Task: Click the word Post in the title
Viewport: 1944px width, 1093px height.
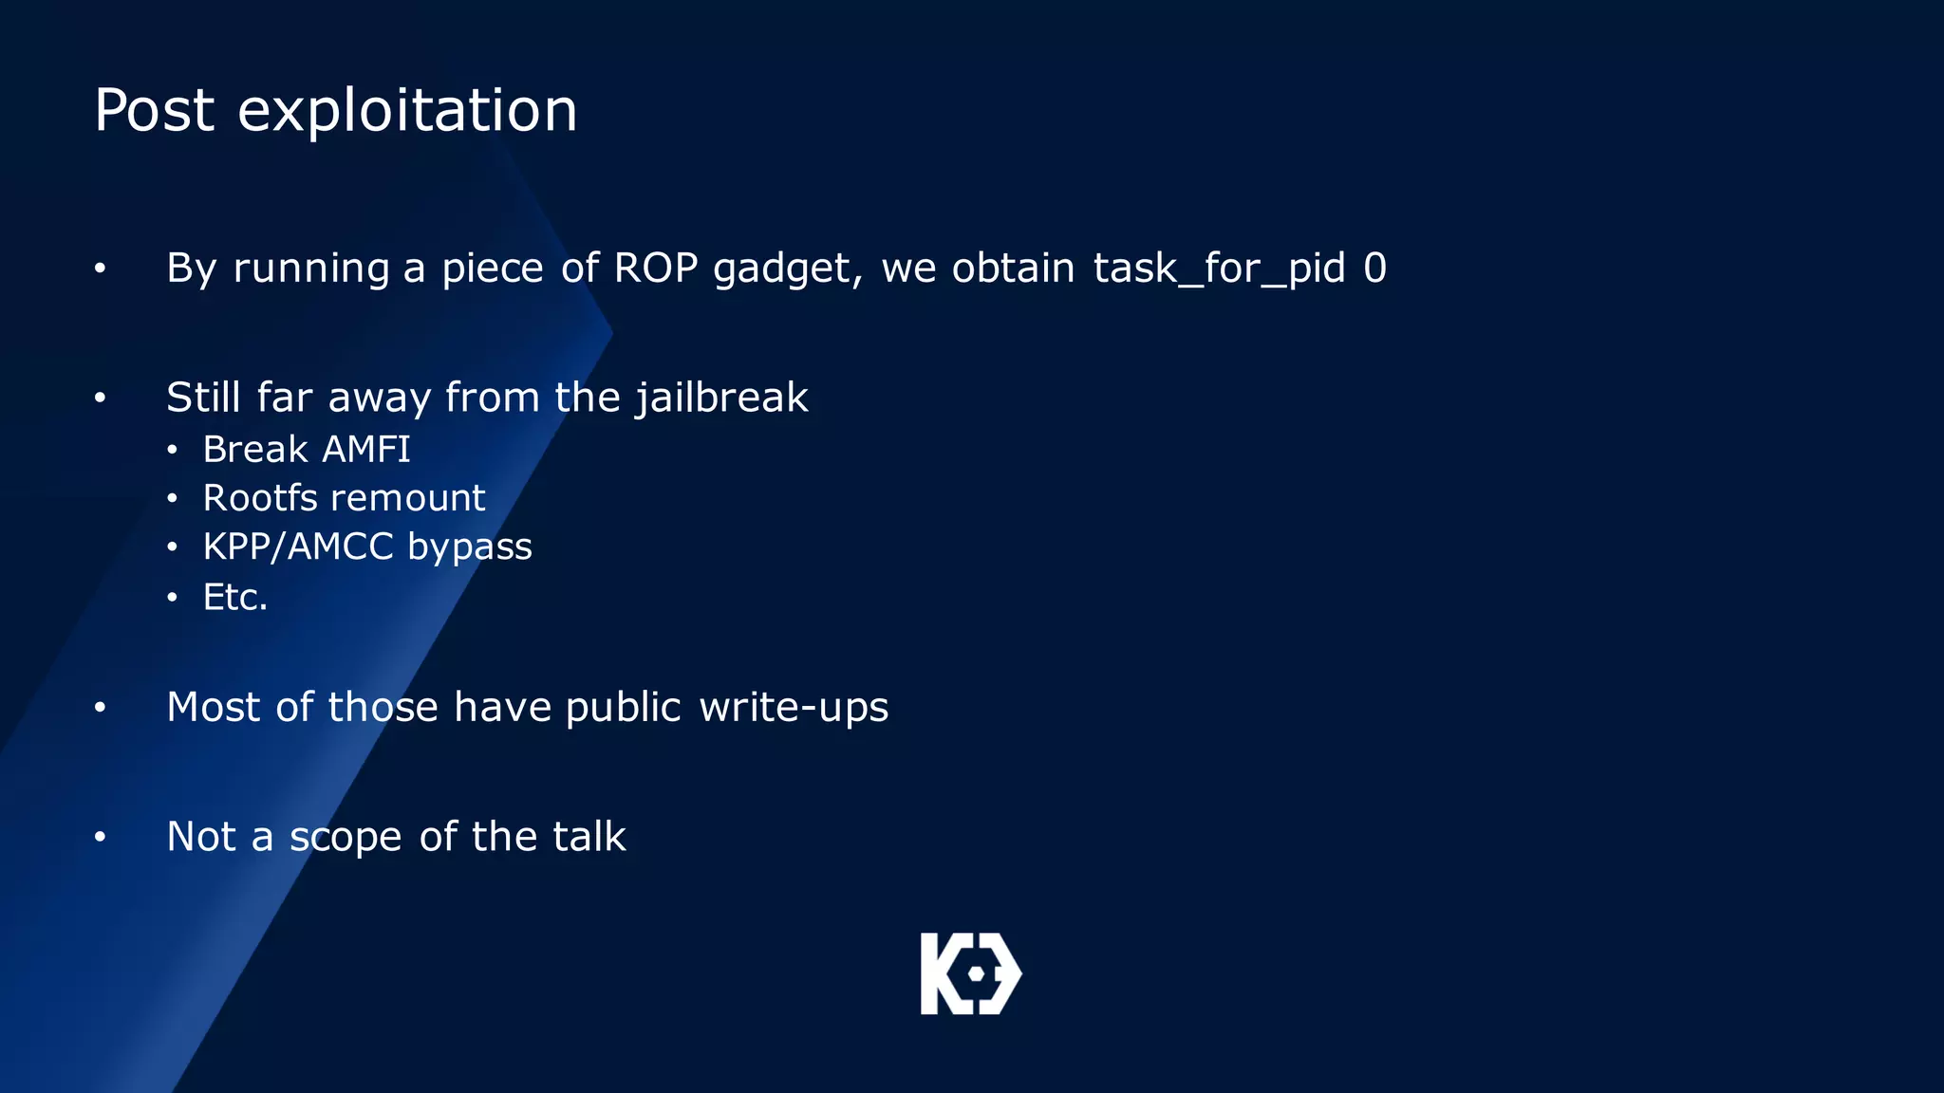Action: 154,110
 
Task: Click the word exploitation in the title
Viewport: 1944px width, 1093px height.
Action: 407,110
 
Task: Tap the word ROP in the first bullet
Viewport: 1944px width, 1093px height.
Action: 655,269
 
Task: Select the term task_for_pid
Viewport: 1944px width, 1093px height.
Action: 1219,269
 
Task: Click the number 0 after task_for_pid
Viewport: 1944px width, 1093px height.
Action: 1374,269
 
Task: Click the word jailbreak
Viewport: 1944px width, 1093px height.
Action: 721,398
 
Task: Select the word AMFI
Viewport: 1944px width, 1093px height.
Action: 366,450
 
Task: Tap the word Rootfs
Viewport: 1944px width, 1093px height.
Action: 259,498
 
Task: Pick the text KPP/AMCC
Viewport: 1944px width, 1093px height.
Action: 298,547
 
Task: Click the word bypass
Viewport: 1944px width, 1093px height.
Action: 470,547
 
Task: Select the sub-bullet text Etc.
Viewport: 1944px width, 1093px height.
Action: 235,598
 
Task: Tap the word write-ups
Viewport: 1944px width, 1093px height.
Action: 794,708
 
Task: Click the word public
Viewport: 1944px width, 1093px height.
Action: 623,708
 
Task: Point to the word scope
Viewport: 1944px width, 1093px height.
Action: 346,838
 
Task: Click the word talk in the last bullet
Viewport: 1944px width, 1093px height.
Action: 589,837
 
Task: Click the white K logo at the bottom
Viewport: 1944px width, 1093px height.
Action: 970,973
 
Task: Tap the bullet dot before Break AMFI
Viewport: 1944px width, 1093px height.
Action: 172,450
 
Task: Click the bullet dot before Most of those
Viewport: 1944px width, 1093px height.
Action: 100,708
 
